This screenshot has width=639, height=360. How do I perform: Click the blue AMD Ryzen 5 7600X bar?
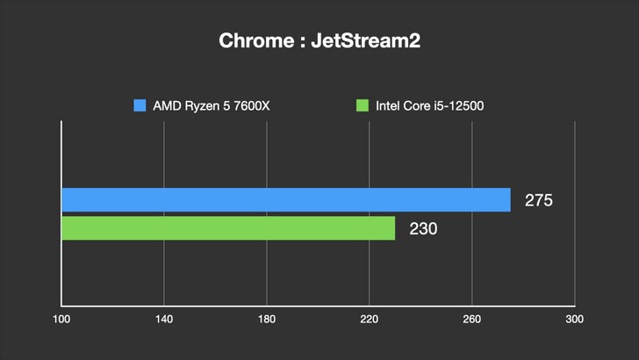(285, 199)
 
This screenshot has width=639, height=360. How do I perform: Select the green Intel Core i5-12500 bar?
(228, 228)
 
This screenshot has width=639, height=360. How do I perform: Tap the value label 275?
(538, 200)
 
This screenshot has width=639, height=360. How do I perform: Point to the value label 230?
(423, 229)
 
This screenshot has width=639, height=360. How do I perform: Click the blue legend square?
(140, 106)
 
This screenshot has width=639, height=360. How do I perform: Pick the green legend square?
(362, 106)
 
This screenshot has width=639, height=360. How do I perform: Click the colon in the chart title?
(297, 42)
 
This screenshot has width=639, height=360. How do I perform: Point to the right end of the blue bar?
(508, 199)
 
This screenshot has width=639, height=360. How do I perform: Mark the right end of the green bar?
(393, 228)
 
